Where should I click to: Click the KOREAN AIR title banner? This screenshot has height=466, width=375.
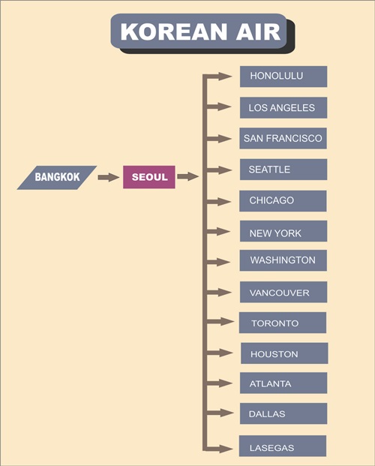point(199,32)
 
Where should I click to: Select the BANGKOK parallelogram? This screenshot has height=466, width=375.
point(57,177)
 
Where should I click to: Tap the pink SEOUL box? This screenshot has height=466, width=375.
point(149,177)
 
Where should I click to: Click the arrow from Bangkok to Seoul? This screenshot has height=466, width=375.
point(109,177)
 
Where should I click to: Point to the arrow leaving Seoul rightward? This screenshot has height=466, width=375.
point(187,176)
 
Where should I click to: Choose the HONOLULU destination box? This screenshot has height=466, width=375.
point(283,77)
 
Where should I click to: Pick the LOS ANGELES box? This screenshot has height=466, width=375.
point(283,107)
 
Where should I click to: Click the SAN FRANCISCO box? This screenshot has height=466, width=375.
point(283,139)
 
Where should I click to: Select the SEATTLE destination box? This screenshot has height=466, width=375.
point(283,170)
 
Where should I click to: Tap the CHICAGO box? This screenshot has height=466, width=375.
point(283,201)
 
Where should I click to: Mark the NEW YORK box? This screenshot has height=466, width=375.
point(283,231)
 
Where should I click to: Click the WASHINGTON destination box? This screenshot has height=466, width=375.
point(283,260)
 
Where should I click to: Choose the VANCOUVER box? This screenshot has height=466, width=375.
point(283,292)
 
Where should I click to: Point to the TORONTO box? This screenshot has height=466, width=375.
point(283,323)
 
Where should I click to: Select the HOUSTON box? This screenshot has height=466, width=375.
point(284,353)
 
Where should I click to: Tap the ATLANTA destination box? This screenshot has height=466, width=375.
point(283,383)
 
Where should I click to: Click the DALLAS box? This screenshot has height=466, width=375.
point(283,413)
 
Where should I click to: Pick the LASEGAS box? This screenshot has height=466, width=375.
point(283,446)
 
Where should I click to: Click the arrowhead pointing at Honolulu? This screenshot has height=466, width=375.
point(225,77)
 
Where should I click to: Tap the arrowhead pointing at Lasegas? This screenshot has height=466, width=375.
point(226,449)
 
